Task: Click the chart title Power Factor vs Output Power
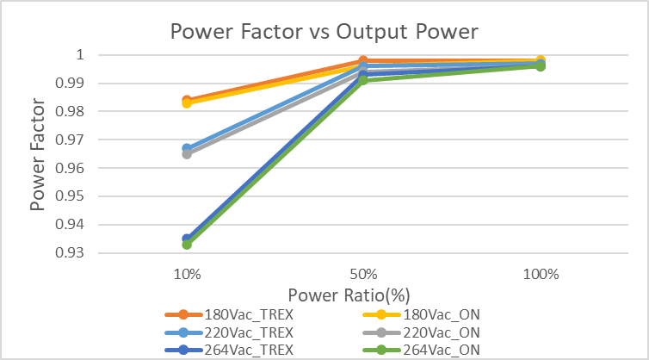pos(324,31)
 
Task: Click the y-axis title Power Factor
pos(39,153)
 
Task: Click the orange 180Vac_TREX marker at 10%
pos(188,100)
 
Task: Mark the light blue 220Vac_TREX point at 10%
pos(188,148)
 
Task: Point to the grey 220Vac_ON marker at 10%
pos(188,154)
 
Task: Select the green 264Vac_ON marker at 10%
pos(188,245)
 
